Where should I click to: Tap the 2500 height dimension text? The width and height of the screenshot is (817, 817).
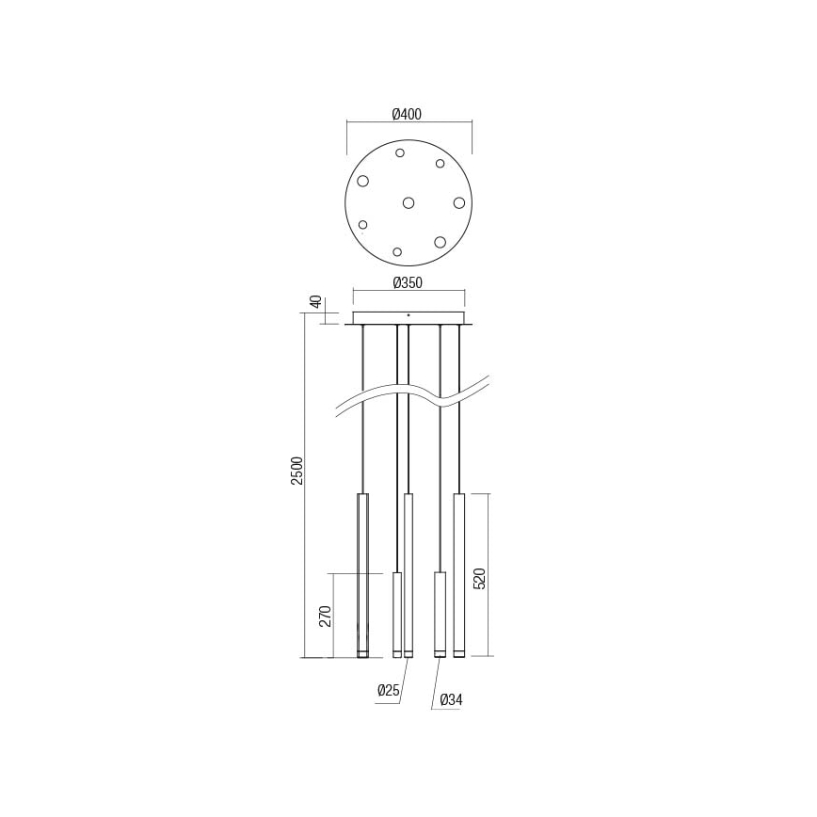(296, 471)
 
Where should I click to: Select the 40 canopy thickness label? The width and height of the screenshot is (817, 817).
(316, 302)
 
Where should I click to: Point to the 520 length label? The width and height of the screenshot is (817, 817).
(479, 578)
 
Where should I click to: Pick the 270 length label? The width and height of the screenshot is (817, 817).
(325, 616)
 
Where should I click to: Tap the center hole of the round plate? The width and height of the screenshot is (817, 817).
(408, 202)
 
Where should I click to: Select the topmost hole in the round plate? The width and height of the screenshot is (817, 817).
(400, 152)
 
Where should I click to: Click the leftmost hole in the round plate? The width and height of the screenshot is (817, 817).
(362, 181)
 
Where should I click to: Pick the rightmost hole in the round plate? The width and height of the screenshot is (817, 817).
(458, 202)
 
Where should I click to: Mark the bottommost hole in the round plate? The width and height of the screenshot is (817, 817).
(397, 251)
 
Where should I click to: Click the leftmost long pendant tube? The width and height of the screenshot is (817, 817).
(362, 574)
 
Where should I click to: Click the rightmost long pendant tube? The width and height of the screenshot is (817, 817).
(458, 574)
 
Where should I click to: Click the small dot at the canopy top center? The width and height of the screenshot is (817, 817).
(408, 314)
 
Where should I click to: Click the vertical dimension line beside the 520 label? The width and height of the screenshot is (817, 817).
(489, 574)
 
